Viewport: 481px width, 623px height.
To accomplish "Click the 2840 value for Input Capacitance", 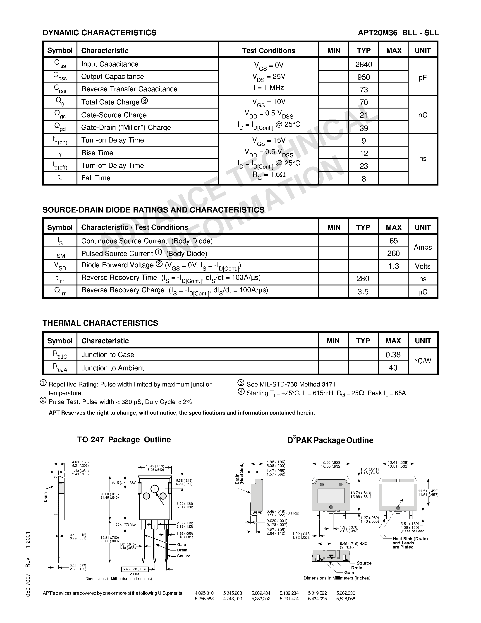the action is coord(363,65).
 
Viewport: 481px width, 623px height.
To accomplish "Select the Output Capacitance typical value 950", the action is coord(363,77).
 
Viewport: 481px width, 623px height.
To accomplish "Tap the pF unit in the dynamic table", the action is coord(423,77).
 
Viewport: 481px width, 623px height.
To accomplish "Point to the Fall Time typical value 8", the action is coord(363,179).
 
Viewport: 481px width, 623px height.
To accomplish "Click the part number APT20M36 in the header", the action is coord(377,33).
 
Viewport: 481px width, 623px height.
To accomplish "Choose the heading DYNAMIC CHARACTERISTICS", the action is coord(99,33).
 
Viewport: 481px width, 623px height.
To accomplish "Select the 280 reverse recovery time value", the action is coord(363,279).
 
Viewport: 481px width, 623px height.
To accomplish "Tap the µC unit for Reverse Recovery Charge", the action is coord(423,292).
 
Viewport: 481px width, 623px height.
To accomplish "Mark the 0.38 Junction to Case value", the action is coord(393,355).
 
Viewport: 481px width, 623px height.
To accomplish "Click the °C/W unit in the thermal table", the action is coord(423,361).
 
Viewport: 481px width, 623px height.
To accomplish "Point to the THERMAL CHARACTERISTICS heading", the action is coord(100,323).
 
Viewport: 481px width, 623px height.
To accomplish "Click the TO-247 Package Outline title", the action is coord(124,439).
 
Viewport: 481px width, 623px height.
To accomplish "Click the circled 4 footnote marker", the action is coord(241,392).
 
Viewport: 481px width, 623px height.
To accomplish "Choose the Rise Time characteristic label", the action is coord(97,153).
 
